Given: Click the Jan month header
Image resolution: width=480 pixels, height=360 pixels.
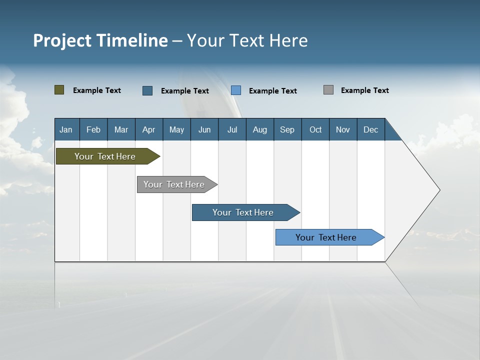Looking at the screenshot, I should pos(66,129).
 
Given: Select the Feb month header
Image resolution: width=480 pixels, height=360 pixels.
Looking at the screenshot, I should pos(93,129).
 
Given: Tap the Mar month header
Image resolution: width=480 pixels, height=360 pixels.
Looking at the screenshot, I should pos(121,129).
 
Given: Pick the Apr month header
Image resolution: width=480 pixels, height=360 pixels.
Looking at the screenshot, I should pos(149,129).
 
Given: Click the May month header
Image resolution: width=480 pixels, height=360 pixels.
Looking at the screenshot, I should pos(176,129).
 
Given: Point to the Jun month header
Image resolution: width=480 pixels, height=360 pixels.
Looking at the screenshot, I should pos(204,129).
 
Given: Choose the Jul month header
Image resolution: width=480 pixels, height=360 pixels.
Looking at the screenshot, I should pos(232,129).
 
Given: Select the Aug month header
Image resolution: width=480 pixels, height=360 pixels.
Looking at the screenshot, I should pos(260,129).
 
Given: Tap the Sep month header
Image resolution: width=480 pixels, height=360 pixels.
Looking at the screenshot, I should pos(287,129).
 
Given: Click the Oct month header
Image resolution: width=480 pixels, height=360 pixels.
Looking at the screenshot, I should pos(315,129).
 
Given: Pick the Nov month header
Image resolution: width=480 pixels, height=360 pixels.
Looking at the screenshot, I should pos(343,129).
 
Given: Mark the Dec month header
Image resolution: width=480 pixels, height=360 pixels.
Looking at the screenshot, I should pos(371,129).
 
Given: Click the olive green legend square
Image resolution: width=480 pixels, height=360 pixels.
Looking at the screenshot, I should pos(59,90).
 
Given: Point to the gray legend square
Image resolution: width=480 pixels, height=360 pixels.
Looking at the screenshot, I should pos(328,90).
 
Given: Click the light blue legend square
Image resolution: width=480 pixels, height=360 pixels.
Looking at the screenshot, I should pos(236,90).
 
